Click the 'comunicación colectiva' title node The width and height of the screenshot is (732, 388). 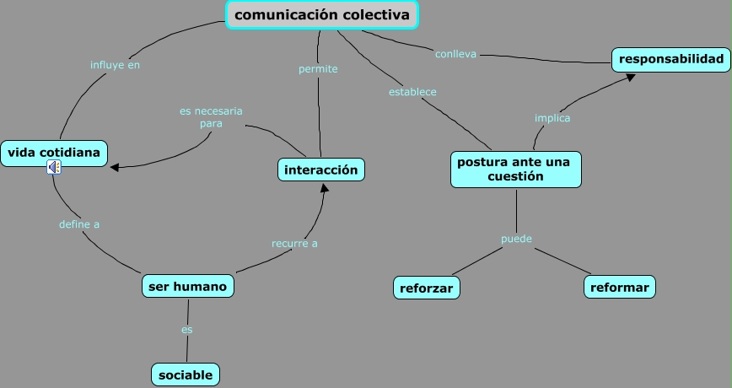click(323, 15)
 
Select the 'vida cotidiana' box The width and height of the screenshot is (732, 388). click(54, 153)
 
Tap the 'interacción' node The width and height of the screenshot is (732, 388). click(321, 170)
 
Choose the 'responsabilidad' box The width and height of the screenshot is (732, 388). click(671, 59)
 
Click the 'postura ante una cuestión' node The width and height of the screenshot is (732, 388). click(515, 169)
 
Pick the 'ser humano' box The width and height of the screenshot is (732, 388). click(187, 287)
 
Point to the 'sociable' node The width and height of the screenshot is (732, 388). click(186, 375)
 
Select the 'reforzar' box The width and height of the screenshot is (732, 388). click(427, 288)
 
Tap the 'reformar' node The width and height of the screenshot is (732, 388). click(620, 287)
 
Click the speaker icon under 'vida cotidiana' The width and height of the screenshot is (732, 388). click(54, 167)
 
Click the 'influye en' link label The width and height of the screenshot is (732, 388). click(115, 64)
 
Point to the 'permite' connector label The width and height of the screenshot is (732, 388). click(318, 69)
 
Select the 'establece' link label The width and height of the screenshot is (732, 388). click(412, 91)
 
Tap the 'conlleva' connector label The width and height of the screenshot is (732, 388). click(455, 54)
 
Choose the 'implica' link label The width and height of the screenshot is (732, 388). click(552, 118)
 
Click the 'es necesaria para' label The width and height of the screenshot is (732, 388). click(211, 117)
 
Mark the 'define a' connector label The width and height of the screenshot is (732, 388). click(79, 224)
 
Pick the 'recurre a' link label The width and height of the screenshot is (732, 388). click(294, 243)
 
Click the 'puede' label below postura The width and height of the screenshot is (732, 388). click(516, 239)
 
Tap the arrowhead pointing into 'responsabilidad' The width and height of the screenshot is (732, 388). click(631, 77)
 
